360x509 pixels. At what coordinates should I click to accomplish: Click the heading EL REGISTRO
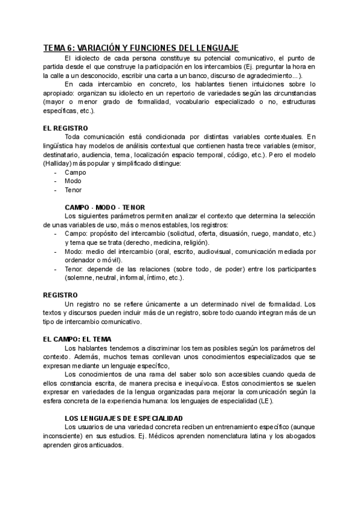(65, 128)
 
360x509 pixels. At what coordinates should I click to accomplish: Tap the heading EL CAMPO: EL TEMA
(77, 339)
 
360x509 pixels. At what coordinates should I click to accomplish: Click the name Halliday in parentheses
(58, 163)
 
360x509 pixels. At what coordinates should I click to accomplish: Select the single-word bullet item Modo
(73, 181)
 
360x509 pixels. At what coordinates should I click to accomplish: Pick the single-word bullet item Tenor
(74, 190)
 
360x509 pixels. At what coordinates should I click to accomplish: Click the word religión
(194, 242)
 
